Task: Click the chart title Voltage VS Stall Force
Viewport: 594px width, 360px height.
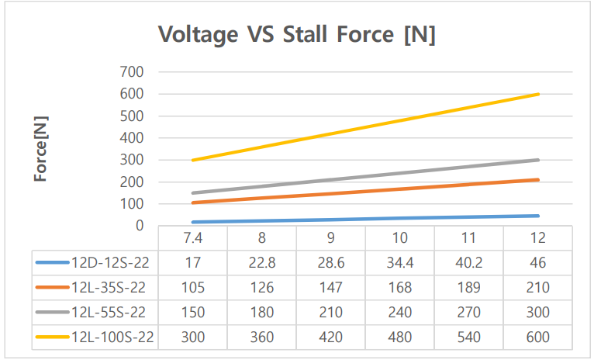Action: click(x=297, y=35)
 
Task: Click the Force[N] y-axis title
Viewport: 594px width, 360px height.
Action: click(x=40, y=150)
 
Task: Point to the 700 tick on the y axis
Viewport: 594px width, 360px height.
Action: click(x=133, y=72)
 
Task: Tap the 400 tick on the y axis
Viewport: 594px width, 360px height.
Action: click(x=133, y=138)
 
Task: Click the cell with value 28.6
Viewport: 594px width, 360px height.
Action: click(x=330, y=263)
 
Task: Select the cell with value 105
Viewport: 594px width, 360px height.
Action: click(x=192, y=288)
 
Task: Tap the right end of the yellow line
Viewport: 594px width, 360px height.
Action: click(x=537, y=94)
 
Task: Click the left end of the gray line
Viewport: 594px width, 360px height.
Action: click(x=192, y=192)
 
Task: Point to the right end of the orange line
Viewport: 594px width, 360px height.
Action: click(x=537, y=180)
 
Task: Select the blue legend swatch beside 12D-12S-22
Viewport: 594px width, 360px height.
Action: click(x=52, y=263)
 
